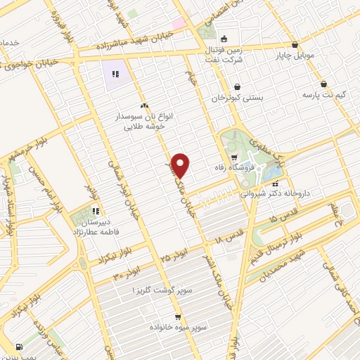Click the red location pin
[181, 165]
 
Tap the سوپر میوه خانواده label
[177, 327]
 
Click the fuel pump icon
[18, 347]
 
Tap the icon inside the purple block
[115, 73]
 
